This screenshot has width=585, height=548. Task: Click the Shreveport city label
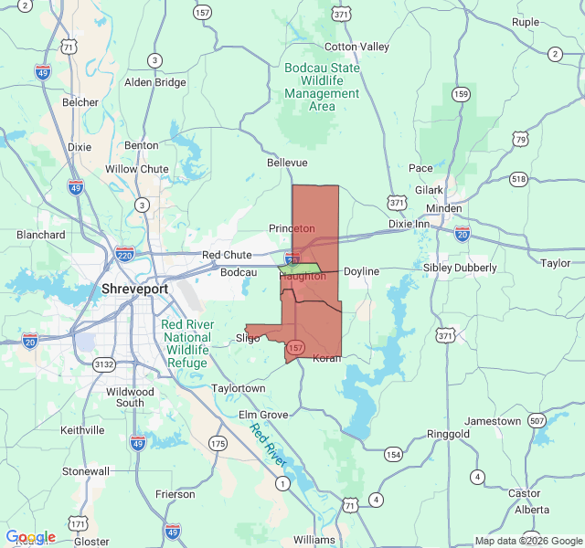[134, 289]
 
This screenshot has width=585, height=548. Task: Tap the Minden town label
[444, 207]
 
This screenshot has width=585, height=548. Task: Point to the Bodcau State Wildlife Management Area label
[322, 87]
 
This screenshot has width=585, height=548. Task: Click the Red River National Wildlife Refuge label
[186, 343]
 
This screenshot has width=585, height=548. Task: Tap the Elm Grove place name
[263, 415]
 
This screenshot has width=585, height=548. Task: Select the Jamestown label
[493, 422]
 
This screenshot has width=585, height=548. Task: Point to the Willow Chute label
[136, 169]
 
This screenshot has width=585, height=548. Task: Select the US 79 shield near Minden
[520, 139]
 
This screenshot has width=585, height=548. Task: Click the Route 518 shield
[519, 179]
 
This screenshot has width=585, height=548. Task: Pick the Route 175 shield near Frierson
[217, 443]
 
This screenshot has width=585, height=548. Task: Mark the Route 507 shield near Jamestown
[537, 420]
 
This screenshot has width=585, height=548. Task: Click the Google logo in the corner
[30, 537]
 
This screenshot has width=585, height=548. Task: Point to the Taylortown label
[239, 388]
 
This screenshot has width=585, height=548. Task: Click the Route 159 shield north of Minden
[462, 94]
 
